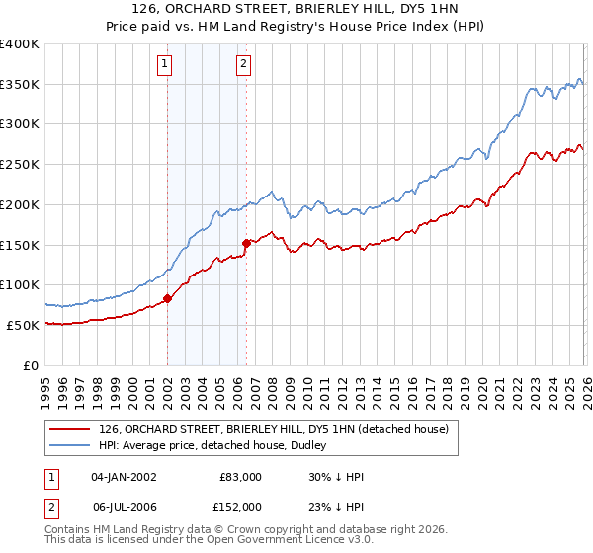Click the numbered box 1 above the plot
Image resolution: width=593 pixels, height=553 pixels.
166,66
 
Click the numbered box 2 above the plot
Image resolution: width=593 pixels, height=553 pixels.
244,66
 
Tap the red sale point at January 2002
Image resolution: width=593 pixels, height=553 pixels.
167,298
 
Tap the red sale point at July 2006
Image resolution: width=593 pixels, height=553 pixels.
246,243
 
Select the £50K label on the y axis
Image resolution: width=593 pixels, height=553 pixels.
22,325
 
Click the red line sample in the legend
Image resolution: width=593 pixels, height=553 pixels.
70,429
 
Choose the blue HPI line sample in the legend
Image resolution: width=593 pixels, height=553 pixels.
70,445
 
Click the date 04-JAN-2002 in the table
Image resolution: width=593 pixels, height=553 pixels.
124,476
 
